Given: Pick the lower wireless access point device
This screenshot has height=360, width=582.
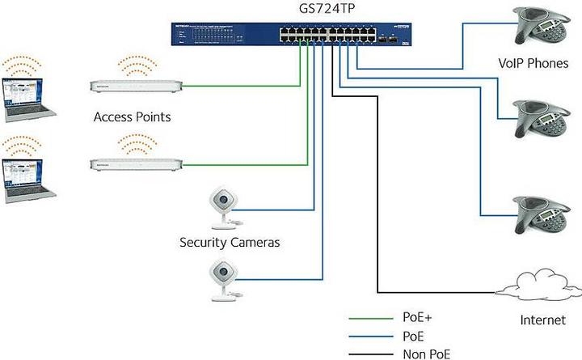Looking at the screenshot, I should (134, 164).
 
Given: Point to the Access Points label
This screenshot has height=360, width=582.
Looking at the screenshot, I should (132, 117).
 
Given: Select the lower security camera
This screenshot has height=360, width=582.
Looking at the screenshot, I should (222, 279).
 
